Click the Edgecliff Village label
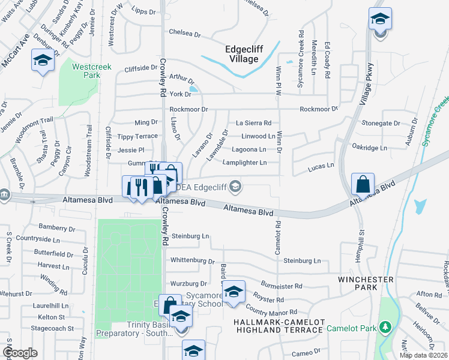point(250,55)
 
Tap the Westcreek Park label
point(85,71)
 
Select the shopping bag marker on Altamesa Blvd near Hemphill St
point(363,184)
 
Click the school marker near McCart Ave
point(43,61)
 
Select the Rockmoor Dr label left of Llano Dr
point(188,109)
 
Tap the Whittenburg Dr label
point(192,260)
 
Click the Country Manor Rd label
point(271,312)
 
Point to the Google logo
point(20,353)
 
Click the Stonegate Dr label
point(381,123)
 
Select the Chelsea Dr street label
point(184,33)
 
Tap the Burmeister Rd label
point(282,286)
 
